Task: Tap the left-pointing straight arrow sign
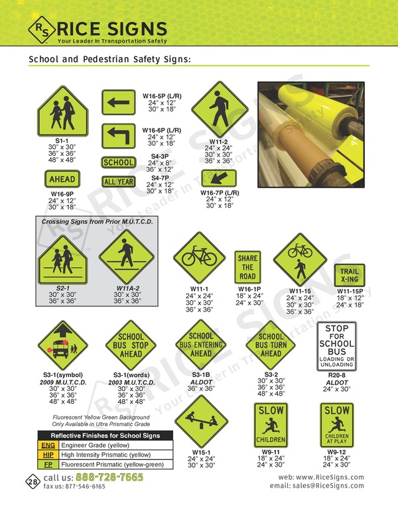[118, 103]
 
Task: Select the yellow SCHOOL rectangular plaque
[118, 162]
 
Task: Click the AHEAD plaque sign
[62, 179]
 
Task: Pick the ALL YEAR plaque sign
[118, 182]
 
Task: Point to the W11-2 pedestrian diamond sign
[219, 109]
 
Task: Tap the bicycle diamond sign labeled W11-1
[198, 257]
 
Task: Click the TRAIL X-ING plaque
[348, 274]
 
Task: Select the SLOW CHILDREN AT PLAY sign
[336, 425]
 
